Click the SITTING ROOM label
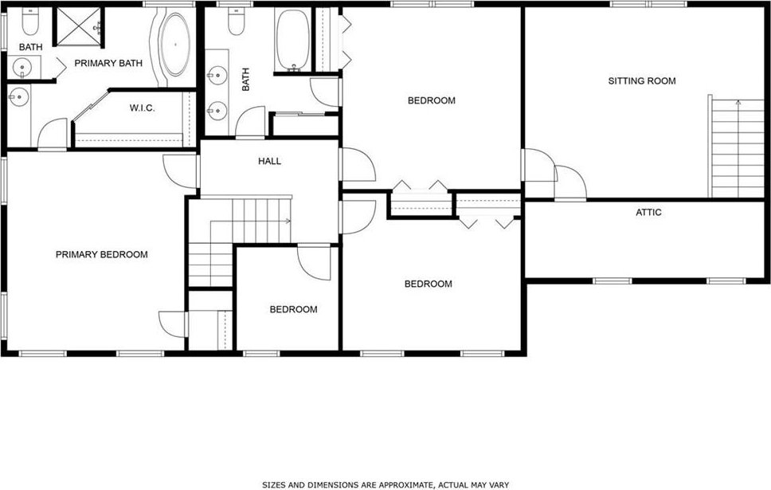coord(642,81)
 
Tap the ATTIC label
coord(648,213)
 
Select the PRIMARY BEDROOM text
coord(102,255)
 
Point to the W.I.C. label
coord(142,108)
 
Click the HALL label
coord(269,162)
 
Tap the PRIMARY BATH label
coord(108,64)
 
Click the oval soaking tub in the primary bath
coord(175,45)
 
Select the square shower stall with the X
coord(79,26)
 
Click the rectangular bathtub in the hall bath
coord(292,39)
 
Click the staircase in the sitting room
coord(737,147)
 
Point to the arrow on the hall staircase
coord(250,221)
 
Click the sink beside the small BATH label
coord(22,67)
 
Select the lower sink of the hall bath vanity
coord(217,111)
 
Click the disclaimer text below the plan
coord(385,485)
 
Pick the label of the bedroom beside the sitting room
coord(432,101)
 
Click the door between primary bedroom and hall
coord(181,171)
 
